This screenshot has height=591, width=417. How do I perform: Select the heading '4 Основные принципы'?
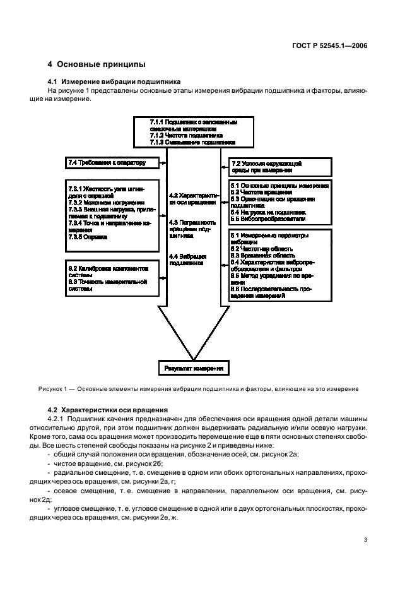pos(97,64)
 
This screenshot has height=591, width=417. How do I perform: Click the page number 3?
pos(366,540)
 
